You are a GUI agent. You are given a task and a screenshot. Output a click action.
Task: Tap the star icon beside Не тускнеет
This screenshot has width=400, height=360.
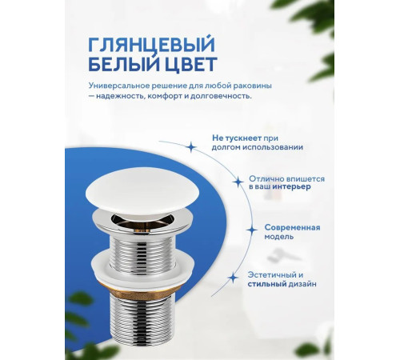190,147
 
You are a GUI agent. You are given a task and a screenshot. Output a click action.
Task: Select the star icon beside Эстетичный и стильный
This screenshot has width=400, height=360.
233,278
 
